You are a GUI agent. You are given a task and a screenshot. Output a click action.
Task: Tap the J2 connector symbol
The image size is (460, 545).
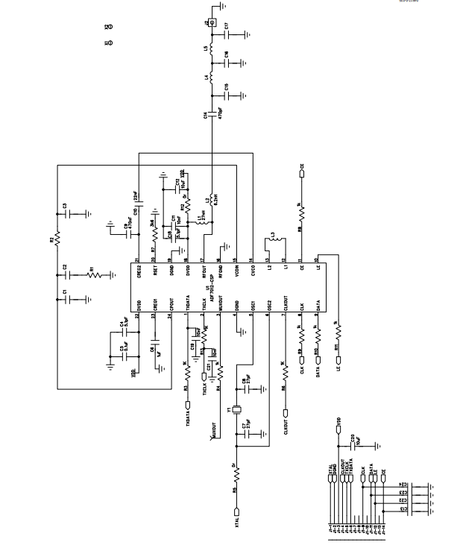click(212, 25)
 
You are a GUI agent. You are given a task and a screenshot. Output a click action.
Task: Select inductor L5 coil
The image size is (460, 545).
click(212, 50)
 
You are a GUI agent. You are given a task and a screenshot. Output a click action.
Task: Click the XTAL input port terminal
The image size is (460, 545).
click(236, 512)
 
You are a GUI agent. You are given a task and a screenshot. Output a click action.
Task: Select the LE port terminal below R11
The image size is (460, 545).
click(338, 368)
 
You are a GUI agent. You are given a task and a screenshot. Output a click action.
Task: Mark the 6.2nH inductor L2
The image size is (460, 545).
click(212, 201)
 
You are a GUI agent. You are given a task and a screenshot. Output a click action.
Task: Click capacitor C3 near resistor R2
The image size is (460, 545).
click(68, 212)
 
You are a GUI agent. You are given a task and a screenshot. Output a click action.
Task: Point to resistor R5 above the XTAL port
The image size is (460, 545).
click(236, 473)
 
